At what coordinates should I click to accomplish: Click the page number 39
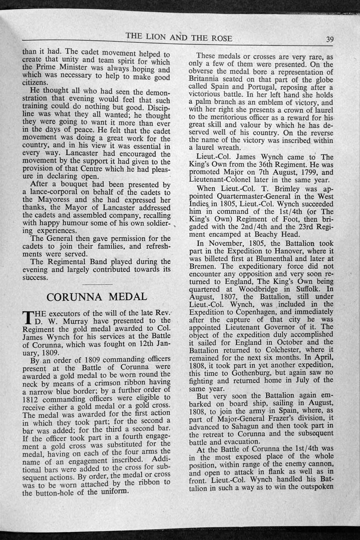(330, 39)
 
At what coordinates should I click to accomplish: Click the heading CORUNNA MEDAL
(97, 297)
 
